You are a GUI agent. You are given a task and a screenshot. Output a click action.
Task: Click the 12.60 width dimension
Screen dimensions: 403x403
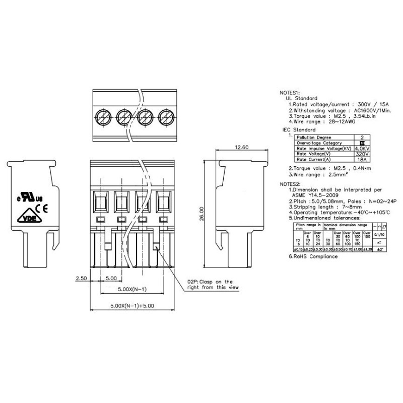pyautogui.click(x=242, y=148)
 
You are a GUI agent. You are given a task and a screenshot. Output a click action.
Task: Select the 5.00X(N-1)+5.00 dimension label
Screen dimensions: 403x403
pyautogui.click(x=132, y=305)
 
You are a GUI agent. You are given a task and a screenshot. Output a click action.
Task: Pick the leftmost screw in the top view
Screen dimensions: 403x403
pyautogui.click(x=103, y=114)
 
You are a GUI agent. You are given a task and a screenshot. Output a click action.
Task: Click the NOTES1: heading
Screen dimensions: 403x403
pyautogui.click(x=290, y=93)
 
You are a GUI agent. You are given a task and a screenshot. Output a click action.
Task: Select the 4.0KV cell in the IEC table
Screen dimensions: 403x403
pyautogui.click(x=360, y=149)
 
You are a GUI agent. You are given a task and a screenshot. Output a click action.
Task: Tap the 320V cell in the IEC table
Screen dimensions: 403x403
pyautogui.click(x=360, y=154)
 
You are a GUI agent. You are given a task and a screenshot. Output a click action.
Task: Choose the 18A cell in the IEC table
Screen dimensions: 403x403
pyautogui.click(x=360, y=160)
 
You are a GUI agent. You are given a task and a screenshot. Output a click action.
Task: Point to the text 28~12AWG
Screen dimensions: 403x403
pyautogui.click(x=343, y=122)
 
